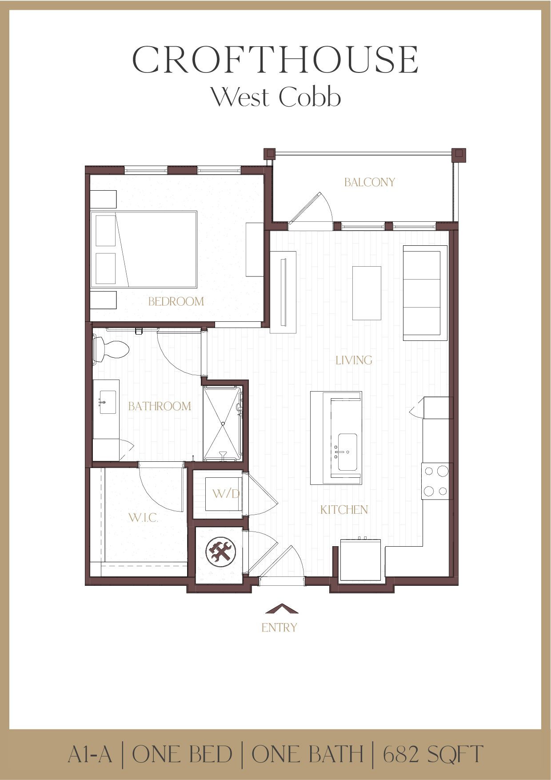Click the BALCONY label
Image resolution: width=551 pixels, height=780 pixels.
369,182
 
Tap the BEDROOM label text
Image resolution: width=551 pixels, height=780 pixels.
176,301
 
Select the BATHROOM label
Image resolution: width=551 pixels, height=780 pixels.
160,406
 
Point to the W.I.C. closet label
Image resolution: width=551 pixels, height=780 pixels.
143,517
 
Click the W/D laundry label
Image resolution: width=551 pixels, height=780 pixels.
226,493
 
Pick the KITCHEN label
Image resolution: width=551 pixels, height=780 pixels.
344,510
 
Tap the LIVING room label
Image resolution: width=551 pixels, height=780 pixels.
354,360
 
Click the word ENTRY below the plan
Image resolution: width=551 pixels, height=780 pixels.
279,628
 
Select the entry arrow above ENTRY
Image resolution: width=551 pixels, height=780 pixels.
281,609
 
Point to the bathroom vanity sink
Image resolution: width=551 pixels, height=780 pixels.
108,402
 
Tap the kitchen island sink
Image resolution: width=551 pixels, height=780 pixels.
347,452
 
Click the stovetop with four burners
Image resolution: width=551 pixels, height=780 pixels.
436,481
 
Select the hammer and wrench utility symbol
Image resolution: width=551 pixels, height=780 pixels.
221,552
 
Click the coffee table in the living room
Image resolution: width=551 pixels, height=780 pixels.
367,293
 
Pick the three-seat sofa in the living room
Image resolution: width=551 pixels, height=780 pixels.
424,293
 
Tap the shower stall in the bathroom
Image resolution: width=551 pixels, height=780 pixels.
222,424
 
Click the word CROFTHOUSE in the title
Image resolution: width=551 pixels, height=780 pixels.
275,60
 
